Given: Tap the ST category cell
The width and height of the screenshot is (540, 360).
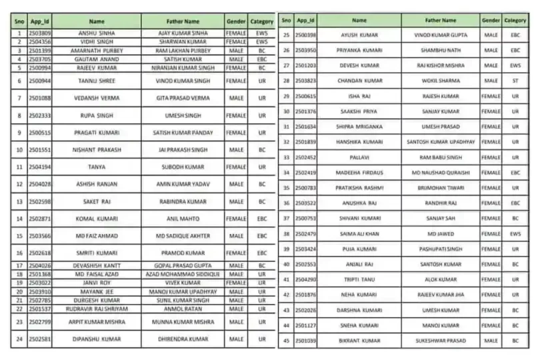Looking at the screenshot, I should coord(515,81).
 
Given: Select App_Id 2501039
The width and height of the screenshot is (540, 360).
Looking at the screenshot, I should coord(305,341).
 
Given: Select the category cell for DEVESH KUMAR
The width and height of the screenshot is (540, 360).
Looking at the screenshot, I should coord(515,65).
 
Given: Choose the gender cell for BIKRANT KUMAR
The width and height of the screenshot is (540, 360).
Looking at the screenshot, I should coord(491,341).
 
